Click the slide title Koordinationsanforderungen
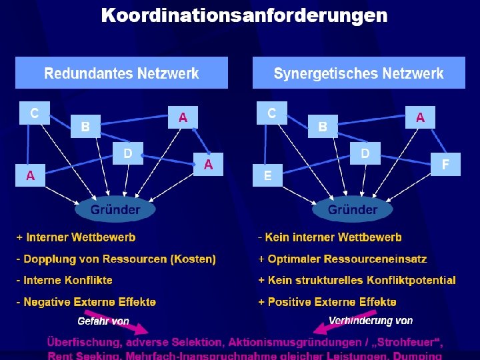click(x=244, y=15)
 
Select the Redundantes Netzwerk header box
click(x=121, y=73)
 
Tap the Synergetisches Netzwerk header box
click(x=358, y=73)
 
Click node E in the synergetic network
click(x=267, y=176)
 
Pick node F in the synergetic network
click(x=445, y=163)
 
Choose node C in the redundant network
click(x=33, y=113)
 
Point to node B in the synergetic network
click(x=323, y=125)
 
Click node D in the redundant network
click(x=127, y=153)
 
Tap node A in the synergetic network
click(x=420, y=118)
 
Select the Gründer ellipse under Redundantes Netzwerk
click(x=115, y=209)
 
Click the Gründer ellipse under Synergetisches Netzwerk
click(x=352, y=209)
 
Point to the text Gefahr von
click(x=103, y=321)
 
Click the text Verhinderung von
click(x=371, y=321)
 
